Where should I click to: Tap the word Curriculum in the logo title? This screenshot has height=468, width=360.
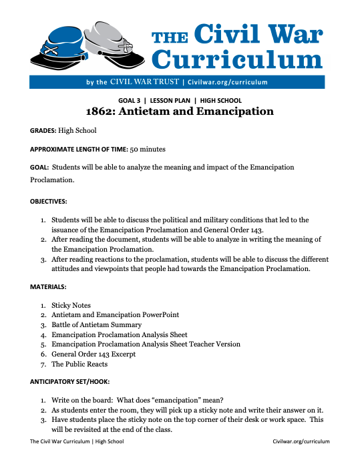pos(237,59)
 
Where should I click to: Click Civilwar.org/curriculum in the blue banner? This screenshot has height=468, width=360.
pos(228,82)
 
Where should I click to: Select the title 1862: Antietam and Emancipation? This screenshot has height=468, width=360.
pos(180,111)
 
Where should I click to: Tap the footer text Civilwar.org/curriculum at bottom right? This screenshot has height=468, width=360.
pos(301,442)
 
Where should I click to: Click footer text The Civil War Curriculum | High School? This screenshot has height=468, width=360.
pos(77,442)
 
